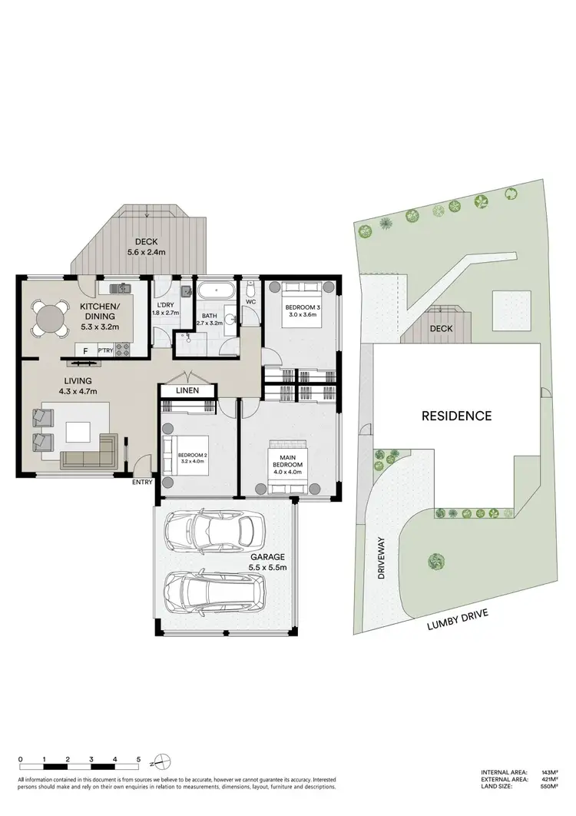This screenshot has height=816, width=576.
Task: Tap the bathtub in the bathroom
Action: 218,293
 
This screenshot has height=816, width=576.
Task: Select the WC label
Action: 251,302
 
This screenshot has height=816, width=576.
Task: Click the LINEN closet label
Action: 187,391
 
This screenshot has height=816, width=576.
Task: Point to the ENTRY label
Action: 142,482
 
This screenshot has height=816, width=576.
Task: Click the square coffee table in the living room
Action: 78,433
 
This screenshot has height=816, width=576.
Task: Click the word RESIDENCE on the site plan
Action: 456,416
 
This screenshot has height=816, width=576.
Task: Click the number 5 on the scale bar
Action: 138,759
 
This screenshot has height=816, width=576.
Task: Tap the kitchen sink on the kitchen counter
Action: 121,289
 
